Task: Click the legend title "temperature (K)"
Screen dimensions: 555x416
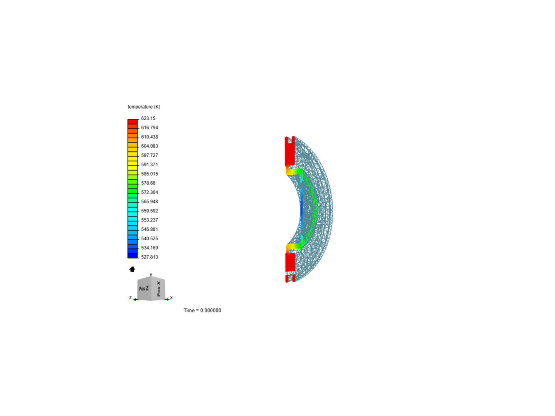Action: click(x=144, y=107)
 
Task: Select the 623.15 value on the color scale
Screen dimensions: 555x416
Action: click(x=148, y=119)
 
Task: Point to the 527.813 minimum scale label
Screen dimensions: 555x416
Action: click(x=150, y=257)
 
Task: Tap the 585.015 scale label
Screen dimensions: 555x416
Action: click(x=150, y=174)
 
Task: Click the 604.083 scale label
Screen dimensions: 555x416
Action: click(x=150, y=146)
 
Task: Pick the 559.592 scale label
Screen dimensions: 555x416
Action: click(x=150, y=211)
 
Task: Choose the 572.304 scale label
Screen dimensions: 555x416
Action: click(x=150, y=193)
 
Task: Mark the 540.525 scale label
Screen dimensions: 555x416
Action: click(x=150, y=239)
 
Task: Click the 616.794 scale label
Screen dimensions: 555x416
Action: click(x=150, y=128)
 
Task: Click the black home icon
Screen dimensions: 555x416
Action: click(x=132, y=269)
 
